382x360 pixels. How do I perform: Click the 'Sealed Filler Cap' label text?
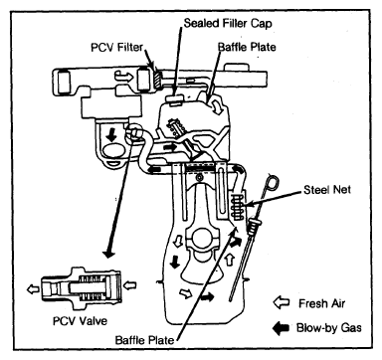coord(228,24)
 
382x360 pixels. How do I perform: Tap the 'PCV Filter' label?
coord(116,48)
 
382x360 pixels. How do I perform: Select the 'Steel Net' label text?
coord(327,190)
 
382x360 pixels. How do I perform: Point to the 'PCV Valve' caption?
coord(80,321)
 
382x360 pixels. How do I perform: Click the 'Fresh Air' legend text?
coord(321,303)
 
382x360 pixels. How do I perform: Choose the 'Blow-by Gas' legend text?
coord(328,328)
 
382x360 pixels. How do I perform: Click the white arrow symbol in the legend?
coord(282,303)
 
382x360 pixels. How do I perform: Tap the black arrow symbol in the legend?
coord(281,328)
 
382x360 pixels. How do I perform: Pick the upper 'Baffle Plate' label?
coord(247,47)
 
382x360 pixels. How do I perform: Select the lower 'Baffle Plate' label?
coord(144,340)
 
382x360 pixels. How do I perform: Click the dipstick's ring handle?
coord(273,183)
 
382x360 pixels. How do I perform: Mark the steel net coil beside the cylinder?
coord(236,208)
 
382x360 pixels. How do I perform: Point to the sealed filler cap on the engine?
coord(174,98)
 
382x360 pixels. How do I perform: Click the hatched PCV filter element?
coord(157,79)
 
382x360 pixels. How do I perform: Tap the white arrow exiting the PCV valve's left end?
coord(33,289)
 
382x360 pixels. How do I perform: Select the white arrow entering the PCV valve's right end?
coord(130,284)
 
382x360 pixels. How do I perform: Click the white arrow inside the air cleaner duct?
coord(123,77)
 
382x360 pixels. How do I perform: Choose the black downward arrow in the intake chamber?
coord(112,135)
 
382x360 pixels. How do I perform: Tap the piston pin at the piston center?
coord(199,178)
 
